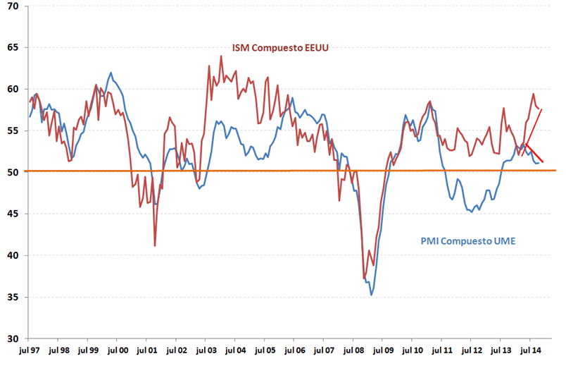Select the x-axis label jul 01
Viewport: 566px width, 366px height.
point(146,349)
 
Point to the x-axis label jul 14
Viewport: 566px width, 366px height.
point(530,349)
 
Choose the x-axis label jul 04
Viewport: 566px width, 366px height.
point(235,349)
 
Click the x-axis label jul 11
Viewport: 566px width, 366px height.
point(442,349)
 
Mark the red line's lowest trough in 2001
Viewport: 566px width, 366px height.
point(155,245)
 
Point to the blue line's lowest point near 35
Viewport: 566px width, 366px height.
point(372,295)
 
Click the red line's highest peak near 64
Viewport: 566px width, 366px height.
point(221,56)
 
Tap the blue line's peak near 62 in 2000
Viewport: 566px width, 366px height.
point(111,73)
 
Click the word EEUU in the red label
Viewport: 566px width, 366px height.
point(315,48)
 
